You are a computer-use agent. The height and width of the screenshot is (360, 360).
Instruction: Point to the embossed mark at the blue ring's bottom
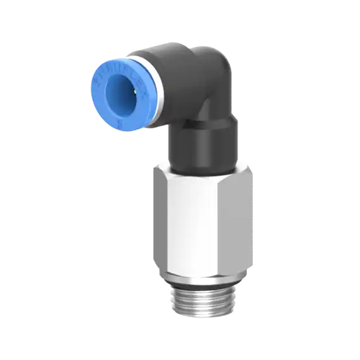(117, 123)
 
